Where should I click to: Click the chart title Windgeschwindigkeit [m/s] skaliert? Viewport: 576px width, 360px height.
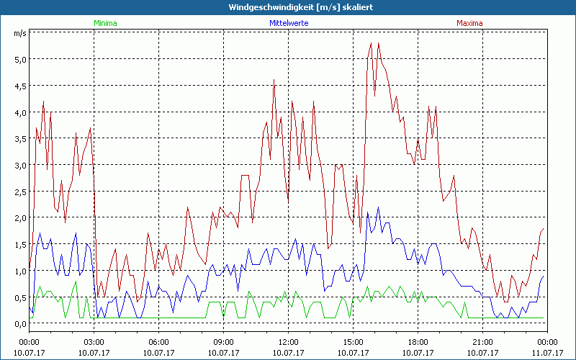[x=288, y=7]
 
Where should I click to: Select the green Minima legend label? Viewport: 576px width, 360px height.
[x=104, y=23]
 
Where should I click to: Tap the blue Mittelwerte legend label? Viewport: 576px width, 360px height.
[x=288, y=23]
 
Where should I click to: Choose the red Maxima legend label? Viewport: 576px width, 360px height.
[x=470, y=23]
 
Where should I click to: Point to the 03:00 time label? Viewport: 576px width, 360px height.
[x=94, y=341]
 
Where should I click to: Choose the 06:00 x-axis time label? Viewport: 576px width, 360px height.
[x=158, y=341]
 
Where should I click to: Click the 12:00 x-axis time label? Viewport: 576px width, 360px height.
[x=288, y=341]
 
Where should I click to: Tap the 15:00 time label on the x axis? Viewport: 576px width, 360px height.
[x=353, y=341]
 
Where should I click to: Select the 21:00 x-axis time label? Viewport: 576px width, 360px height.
[x=482, y=341]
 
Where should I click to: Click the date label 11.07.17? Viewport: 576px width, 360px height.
[x=547, y=352]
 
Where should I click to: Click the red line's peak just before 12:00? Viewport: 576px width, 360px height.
[x=274, y=80]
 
